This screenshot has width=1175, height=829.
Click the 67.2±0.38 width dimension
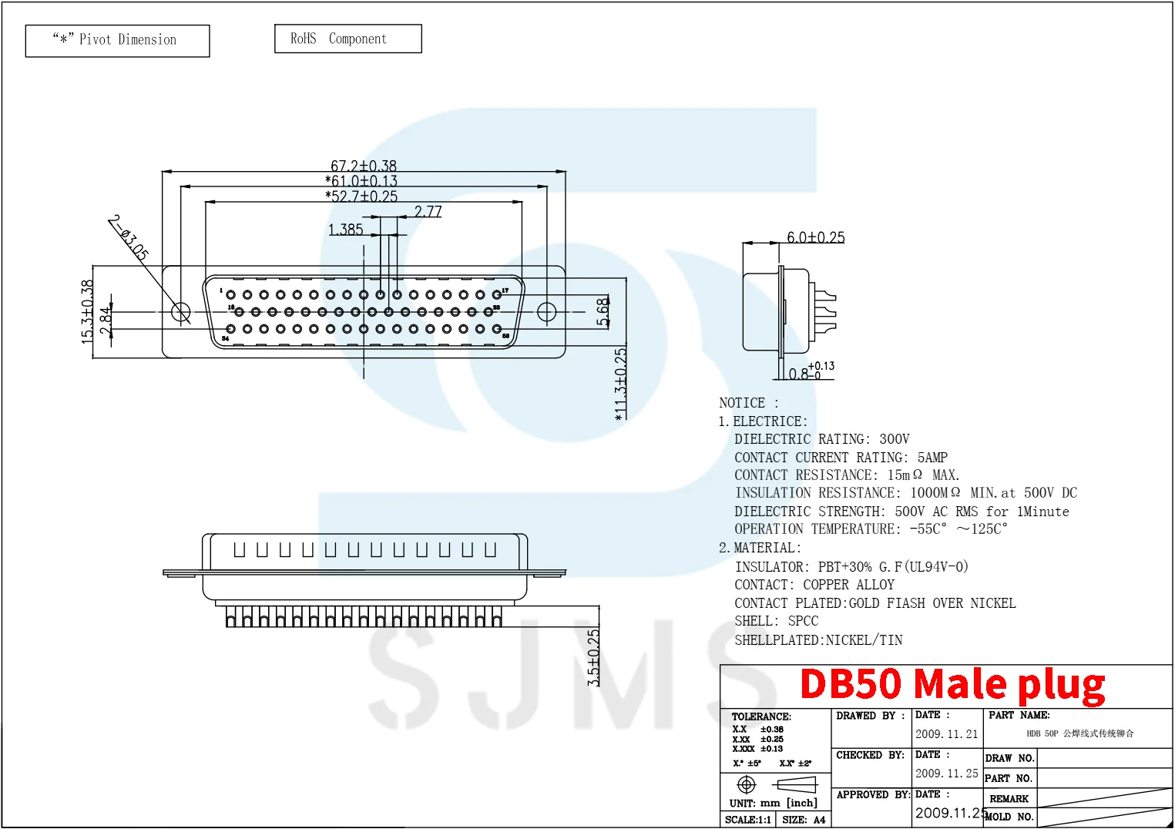pyautogui.click(x=364, y=166)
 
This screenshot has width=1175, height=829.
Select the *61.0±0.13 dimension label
pyautogui.click(x=361, y=181)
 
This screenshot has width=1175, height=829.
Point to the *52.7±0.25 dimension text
pyautogui.click(x=361, y=196)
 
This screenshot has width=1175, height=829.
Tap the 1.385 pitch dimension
pyautogui.click(x=345, y=230)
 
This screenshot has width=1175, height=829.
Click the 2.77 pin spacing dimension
pyautogui.click(x=428, y=211)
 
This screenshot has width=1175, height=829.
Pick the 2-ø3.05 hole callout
pyautogui.click(x=129, y=237)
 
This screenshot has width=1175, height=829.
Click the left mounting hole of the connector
pyautogui.click(x=180, y=312)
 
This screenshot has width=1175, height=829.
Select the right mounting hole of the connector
pyautogui.click(x=546, y=312)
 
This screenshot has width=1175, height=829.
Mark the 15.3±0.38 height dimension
pyautogui.click(x=87, y=310)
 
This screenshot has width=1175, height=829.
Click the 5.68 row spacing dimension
pyautogui.click(x=603, y=311)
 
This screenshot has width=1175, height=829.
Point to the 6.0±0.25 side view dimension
pyautogui.click(x=815, y=237)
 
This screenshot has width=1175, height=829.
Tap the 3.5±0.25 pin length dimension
pyautogui.click(x=593, y=657)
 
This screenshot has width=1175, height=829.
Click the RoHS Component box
pyautogui.click(x=348, y=39)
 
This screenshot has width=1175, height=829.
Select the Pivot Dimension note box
pyautogui.click(x=117, y=41)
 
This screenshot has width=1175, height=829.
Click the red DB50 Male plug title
pyautogui.click(x=952, y=684)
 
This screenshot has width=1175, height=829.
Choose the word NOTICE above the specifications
pyautogui.click(x=742, y=403)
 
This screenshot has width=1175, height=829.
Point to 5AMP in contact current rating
pyautogui.click(x=932, y=458)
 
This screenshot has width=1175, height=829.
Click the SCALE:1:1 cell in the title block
pyautogui.click(x=747, y=820)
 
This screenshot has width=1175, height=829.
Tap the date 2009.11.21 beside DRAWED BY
pyautogui.click(x=946, y=734)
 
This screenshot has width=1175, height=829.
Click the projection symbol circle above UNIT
pyautogui.click(x=746, y=784)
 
